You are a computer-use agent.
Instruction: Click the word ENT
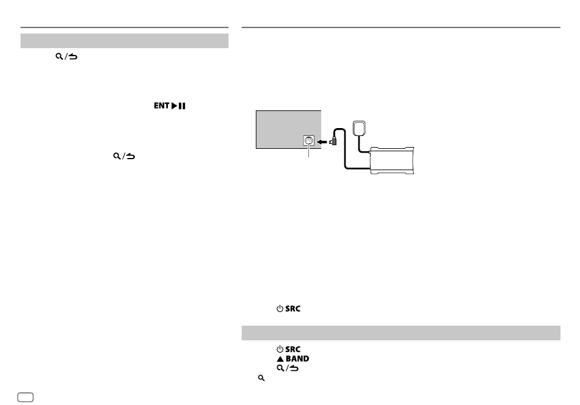[162, 106]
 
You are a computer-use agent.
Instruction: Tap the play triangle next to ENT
[174, 106]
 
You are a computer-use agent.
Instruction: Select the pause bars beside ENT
[182, 106]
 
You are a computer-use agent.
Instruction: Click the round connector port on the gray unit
[308, 141]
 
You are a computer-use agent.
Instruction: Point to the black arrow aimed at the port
[322, 142]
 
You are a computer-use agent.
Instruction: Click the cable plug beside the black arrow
[333, 141]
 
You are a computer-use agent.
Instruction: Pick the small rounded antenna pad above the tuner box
[359, 128]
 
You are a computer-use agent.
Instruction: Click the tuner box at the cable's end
[392, 160]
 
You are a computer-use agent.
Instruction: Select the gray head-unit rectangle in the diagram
[289, 129]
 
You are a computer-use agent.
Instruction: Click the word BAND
[297, 359]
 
